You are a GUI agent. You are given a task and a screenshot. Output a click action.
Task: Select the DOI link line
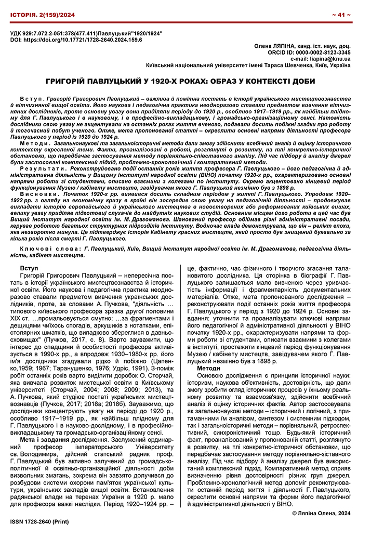click(x=73, y=40)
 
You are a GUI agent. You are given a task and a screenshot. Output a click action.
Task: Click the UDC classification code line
click(x=86, y=33)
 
